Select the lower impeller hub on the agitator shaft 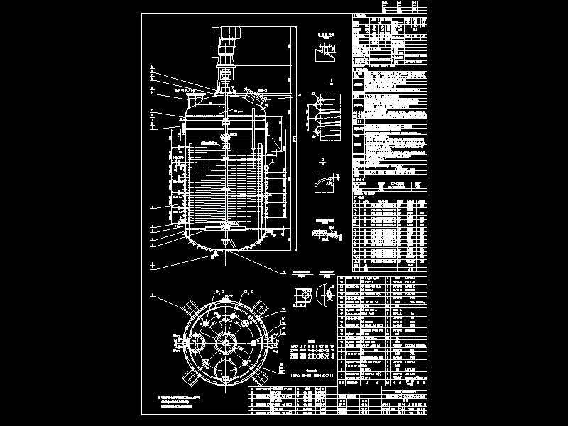pyautogui.click(x=226, y=225)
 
